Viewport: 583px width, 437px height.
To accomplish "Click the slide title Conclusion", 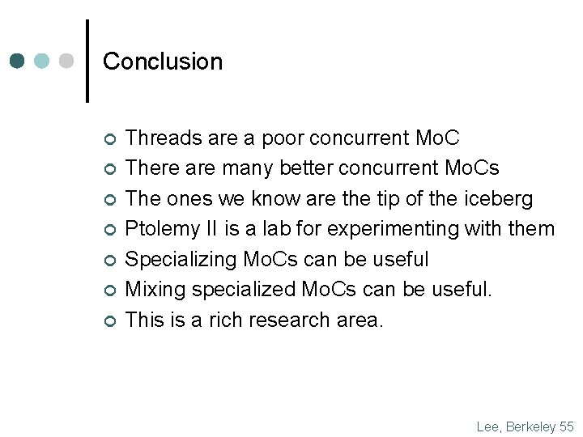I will (163, 62).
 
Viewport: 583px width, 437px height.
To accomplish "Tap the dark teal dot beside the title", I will (18, 62).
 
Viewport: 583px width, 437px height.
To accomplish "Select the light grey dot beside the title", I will (66, 62).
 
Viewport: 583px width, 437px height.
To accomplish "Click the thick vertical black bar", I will (87, 61).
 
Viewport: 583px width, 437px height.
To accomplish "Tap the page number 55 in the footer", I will (567, 426).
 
